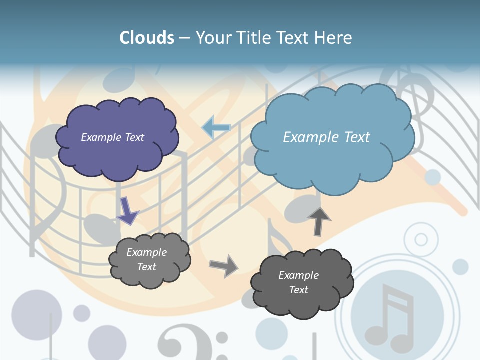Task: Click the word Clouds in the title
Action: pyautogui.click(x=147, y=38)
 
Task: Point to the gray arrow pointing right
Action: pyautogui.click(x=224, y=265)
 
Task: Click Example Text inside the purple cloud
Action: pyautogui.click(x=112, y=137)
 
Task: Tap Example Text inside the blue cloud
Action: pyautogui.click(x=326, y=137)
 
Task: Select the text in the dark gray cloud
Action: pyautogui.click(x=298, y=282)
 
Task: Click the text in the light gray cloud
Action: pyautogui.click(x=146, y=259)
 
